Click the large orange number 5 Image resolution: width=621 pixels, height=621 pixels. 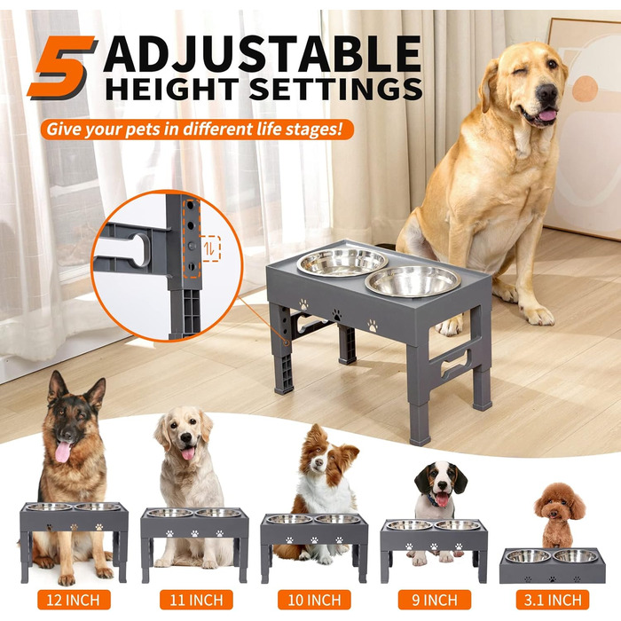(x=62, y=67)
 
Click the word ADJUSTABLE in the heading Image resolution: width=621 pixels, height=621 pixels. (x=262, y=54)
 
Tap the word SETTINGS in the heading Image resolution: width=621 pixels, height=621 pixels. (x=336, y=89)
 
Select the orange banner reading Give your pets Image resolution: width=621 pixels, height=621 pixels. (x=197, y=130)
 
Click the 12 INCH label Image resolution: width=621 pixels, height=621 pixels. (x=74, y=600)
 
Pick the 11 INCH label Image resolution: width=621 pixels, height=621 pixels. (x=196, y=600)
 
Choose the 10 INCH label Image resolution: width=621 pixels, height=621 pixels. (x=314, y=600)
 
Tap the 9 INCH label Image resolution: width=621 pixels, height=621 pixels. (x=435, y=600)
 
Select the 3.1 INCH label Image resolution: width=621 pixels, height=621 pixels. (x=553, y=600)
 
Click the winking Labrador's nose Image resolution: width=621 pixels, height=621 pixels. (x=547, y=92)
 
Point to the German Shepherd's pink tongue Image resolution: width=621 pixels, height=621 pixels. (x=63, y=452)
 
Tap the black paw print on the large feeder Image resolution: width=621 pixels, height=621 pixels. (x=336, y=315)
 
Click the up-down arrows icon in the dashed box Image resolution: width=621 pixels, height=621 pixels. (x=209, y=248)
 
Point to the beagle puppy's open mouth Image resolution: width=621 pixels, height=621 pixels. (x=442, y=499)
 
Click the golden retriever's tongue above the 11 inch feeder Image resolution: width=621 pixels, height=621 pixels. (x=188, y=453)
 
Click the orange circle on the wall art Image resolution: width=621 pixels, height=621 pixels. (x=585, y=89)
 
